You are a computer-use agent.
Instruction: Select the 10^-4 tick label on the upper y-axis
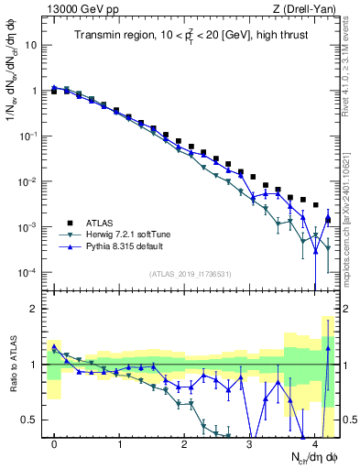click(28, 272)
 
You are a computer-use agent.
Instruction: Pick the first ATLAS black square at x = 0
click(55, 92)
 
